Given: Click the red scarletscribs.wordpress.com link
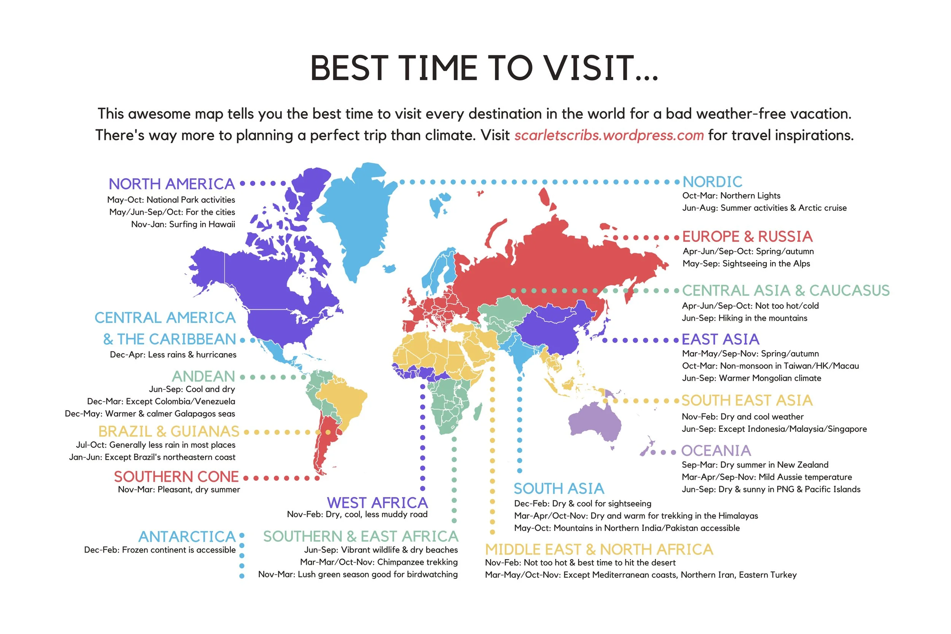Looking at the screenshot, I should pos(609,135).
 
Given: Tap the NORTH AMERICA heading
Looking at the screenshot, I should pos(172,184).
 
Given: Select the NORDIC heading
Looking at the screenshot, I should pos(712,182).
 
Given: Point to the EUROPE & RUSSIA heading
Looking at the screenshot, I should pos(747,237).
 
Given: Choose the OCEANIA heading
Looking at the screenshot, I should pos(716,451).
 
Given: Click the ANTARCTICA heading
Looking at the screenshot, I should pos(187,537).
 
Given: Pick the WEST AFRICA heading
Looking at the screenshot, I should pos(377,502).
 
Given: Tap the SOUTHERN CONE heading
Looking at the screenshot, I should pos(176,477).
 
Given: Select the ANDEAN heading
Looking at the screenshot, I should pos(204,377).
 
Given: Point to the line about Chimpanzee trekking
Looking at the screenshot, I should pos(378,562).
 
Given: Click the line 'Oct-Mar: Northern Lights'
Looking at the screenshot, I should pos(731,196).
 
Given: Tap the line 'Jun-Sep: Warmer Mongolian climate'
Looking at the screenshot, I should pos(751,378).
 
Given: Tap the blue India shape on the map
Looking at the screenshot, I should pos(518,352).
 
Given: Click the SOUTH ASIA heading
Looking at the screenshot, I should pos(559,488).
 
